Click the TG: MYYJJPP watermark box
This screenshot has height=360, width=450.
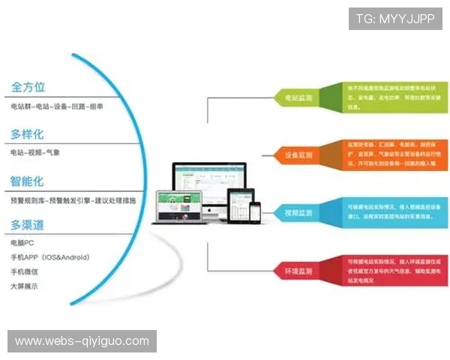click(395, 18)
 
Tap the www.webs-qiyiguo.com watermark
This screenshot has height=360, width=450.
click(82, 341)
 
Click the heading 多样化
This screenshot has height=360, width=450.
click(27, 135)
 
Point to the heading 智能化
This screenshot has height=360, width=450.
click(27, 181)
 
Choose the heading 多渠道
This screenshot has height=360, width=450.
click(27, 225)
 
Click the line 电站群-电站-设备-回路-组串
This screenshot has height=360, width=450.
click(57, 107)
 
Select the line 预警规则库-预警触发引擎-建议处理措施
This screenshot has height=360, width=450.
click(73, 200)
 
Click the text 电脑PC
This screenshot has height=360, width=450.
click(23, 243)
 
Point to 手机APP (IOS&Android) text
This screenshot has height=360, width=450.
click(50, 257)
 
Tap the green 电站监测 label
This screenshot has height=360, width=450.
click(298, 98)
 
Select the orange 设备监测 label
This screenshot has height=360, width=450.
click(298, 156)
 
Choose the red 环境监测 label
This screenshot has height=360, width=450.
click(298, 269)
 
